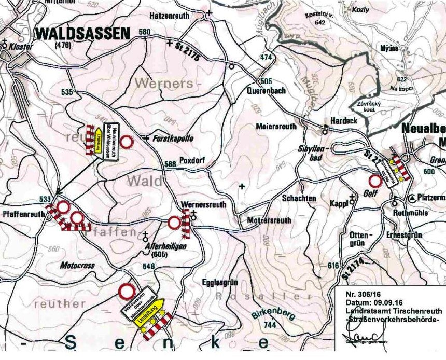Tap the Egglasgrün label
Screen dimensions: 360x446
tap(219, 282)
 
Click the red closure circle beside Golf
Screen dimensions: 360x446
tap(374, 182)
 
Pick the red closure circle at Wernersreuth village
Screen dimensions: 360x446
tap(174, 223)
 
